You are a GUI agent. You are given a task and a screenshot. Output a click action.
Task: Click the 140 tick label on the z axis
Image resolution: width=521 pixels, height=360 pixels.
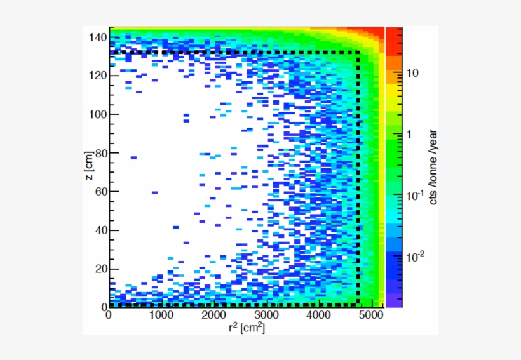click(x=97, y=37)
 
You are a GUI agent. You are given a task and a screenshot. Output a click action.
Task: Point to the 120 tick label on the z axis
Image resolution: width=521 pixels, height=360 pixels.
click(x=97, y=76)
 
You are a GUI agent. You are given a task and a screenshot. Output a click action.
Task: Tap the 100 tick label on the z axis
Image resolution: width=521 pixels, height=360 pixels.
click(x=97, y=114)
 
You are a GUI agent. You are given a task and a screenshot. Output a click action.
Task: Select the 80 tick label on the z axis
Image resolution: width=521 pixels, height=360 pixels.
click(x=100, y=153)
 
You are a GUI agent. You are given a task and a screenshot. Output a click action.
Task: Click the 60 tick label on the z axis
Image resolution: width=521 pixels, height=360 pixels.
click(x=100, y=192)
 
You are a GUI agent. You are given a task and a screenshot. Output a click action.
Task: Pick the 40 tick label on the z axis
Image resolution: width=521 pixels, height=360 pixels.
click(x=100, y=230)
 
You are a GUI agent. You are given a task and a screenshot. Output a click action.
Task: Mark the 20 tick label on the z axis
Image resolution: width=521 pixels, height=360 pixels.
click(x=100, y=269)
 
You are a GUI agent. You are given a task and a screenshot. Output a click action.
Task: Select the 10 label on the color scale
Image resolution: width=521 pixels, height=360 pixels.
click(x=412, y=74)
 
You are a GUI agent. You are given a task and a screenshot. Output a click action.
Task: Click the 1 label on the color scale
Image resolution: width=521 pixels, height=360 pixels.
click(x=409, y=135)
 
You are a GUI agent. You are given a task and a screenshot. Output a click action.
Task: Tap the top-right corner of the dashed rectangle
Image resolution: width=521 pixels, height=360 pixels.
click(x=358, y=52)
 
